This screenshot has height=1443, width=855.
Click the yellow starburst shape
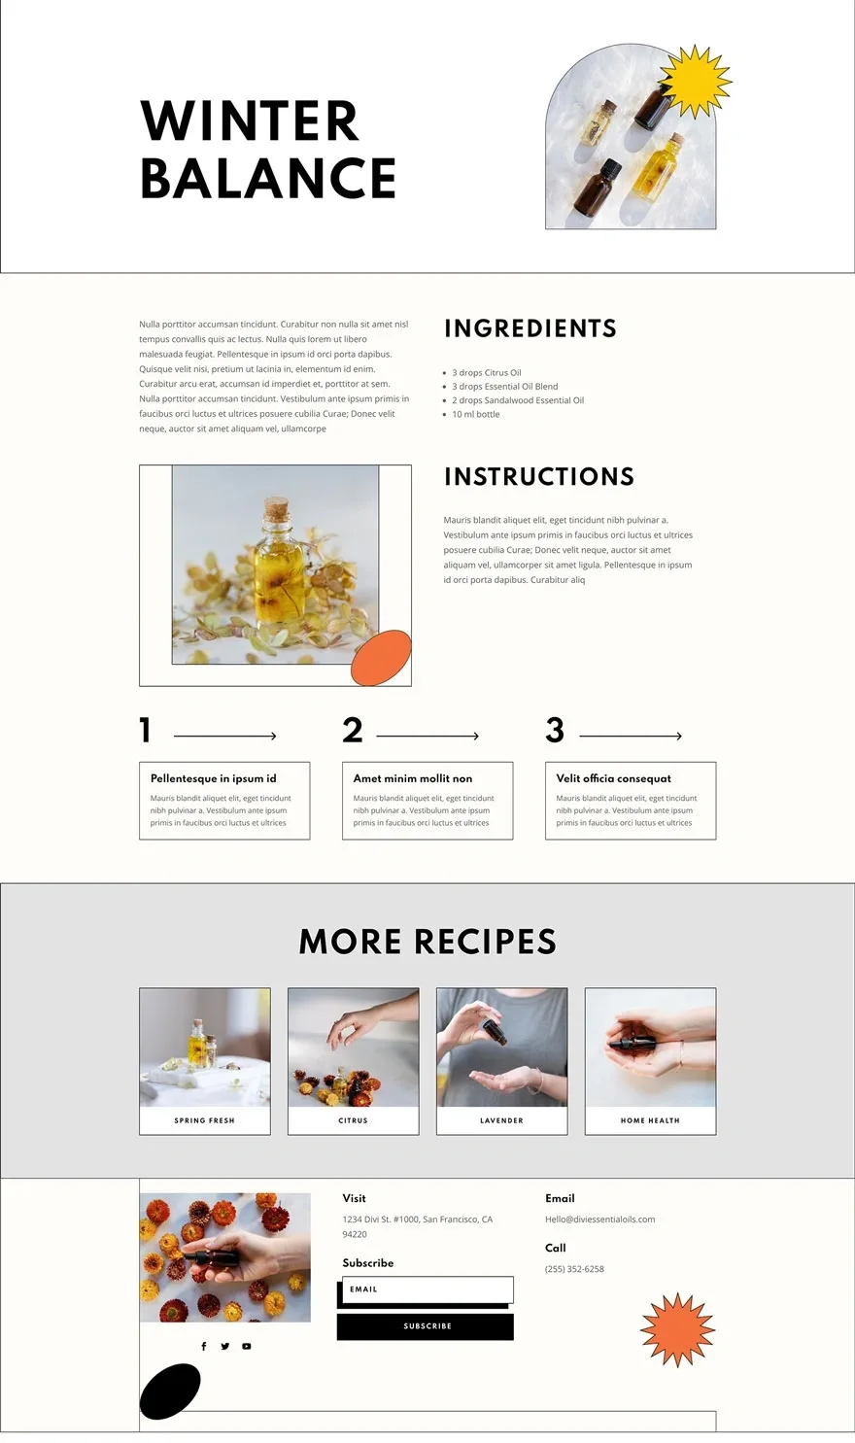click(696, 82)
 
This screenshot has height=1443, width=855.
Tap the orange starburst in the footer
click(677, 1329)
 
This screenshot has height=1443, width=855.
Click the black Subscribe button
click(426, 1326)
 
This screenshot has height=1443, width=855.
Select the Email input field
click(427, 1289)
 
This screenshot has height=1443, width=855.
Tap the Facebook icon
click(204, 1346)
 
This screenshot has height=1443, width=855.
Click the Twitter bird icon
click(224, 1346)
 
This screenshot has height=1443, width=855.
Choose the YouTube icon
click(246, 1346)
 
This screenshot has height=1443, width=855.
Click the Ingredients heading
click(530, 327)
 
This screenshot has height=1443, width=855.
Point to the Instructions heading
click(539, 476)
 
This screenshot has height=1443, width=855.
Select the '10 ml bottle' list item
click(475, 414)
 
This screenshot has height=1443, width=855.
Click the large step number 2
click(353, 730)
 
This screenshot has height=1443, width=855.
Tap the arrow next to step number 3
click(631, 736)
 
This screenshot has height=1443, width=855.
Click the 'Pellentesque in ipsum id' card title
click(214, 778)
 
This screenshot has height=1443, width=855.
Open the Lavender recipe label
click(501, 1120)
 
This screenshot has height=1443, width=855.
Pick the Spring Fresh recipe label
click(204, 1120)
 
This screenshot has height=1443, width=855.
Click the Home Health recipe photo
click(650, 1047)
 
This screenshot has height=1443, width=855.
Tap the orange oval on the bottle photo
click(381, 658)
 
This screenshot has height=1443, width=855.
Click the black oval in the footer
click(170, 1391)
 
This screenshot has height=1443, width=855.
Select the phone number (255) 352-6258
click(574, 1268)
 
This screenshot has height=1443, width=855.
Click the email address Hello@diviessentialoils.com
click(599, 1219)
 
